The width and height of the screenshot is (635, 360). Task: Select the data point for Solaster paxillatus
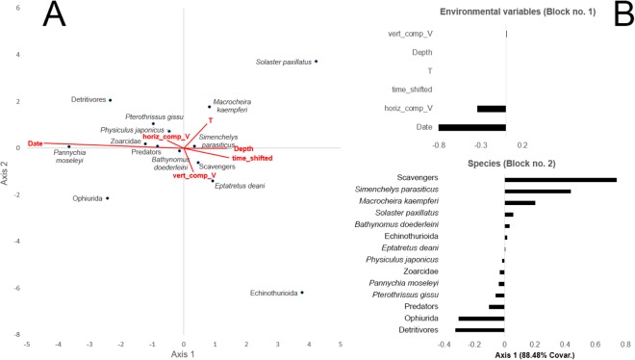click(316, 62)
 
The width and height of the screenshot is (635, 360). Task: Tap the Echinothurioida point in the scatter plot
click(302, 293)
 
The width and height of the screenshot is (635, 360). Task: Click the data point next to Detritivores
click(110, 99)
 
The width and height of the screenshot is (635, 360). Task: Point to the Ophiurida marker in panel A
click(107, 198)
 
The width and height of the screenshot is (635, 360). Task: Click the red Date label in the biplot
click(36, 142)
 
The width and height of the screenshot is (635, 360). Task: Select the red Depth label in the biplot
click(243, 149)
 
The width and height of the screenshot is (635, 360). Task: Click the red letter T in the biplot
click(210, 120)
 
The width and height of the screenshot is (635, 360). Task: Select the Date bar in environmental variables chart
click(472, 126)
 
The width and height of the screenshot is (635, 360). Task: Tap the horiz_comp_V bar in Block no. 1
click(492, 108)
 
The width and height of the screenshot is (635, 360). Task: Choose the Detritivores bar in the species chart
click(480, 329)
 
